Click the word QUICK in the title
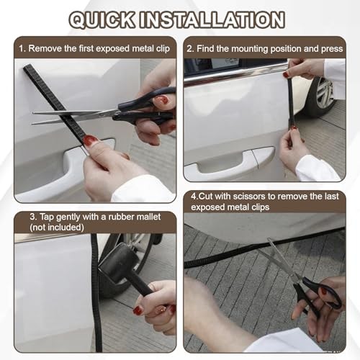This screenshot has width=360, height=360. click(102, 20)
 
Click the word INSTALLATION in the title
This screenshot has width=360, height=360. click(212, 19)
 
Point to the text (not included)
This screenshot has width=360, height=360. click(57, 228)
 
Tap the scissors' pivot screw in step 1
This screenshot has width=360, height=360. click(115, 113)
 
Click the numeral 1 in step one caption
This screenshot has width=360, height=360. click(22, 49)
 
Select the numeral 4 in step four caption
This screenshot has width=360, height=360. click(194, 197)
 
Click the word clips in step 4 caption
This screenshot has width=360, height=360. click(260, 207)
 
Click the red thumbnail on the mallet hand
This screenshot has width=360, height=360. click(138, 310)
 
